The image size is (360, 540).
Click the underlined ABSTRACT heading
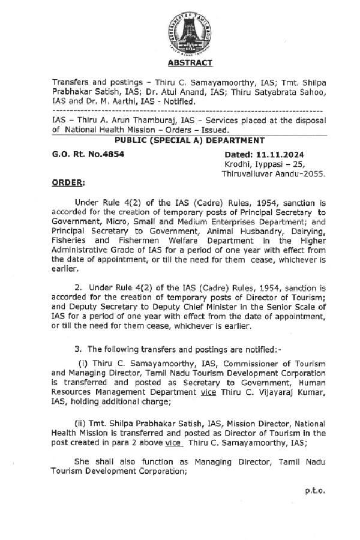tap(190, 63)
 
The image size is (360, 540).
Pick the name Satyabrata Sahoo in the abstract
tap(295, 92)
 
